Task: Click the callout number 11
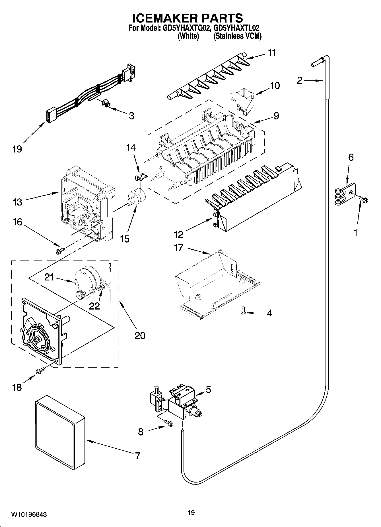[x=272, y=53]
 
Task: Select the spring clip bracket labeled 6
[x=345, y=194]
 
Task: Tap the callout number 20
[x=140, y=335]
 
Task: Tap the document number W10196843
[x=29, y=514]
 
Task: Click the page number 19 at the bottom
[x=191, y=513]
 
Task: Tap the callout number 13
[x=17, y=202]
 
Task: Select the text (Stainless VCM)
[x=237, y=36]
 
